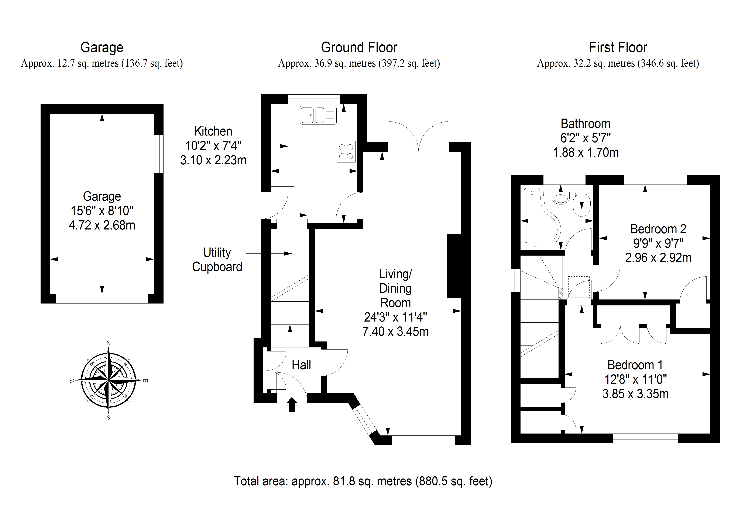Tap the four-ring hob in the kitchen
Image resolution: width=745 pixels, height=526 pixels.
[x=346, y=152]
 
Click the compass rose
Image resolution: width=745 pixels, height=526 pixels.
[x=108, y=380]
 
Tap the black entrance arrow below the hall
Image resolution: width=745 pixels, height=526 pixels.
[x=292, y=404]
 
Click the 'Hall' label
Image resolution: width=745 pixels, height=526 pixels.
[x=301, y=365]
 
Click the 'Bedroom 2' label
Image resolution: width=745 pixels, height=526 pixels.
[x=658, y=229]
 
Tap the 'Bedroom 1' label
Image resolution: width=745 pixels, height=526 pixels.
[x=635, y=365]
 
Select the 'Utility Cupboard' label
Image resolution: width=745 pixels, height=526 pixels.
[x=217, y=260]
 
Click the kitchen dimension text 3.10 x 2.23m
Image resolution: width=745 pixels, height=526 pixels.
[x=213, y=160]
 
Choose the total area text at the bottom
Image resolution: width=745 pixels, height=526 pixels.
[x=363, y=481]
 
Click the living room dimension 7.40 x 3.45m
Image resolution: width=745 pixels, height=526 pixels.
[x=395, y=332]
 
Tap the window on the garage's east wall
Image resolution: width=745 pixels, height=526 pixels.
[x=159, y=154]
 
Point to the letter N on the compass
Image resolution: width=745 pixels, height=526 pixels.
[x=108, y=343]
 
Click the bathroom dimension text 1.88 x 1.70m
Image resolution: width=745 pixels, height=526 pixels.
[x=585, y=152]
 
